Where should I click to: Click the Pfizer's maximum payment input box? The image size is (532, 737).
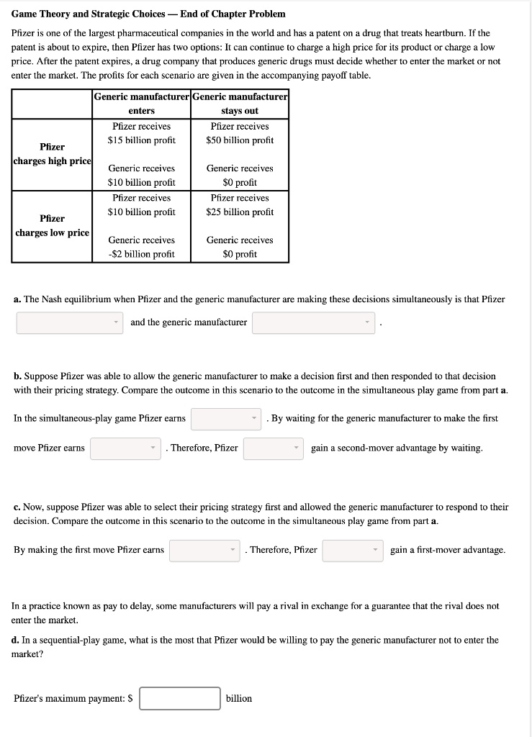(x=180, y=698)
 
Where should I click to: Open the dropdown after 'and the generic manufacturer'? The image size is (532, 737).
(x=314, y=322)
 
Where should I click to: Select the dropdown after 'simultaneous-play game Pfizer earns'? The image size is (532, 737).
(x=225, y=419)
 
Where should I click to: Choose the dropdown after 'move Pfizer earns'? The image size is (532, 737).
(x=125, y=448)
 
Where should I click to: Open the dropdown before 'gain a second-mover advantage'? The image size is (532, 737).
(x=273, y=448)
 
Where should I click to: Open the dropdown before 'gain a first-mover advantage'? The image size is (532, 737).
(x=353, y=551)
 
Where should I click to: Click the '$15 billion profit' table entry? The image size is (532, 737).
(x=141, y=140)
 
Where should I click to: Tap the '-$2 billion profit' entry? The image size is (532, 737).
(x=141, y=254)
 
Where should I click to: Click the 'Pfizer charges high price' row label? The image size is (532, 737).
(x=53, y=154)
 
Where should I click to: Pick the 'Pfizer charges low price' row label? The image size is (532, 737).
(x=53, y=225)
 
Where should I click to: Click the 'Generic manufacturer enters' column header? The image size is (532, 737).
(x=141, y=104)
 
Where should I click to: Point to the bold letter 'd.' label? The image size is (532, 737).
(x=16, y=640)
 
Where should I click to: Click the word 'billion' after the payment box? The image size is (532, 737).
(x=239, y=698)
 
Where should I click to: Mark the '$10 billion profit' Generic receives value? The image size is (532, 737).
(x=141, y=183)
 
